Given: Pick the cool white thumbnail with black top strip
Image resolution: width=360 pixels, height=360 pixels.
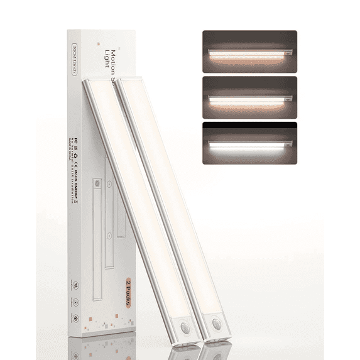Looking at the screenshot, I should pos(249,143).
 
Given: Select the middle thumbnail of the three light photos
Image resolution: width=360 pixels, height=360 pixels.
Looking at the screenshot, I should pos(249,97).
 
